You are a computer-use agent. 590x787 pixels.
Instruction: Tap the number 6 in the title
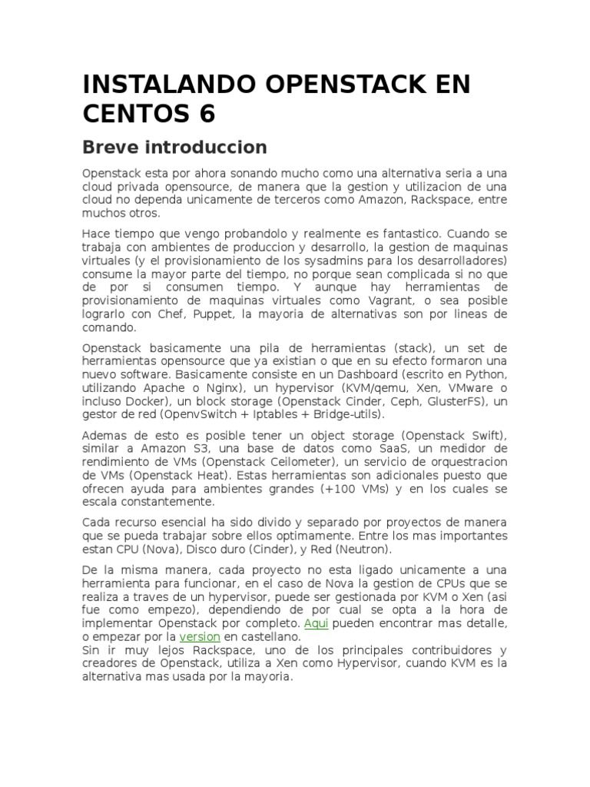(x=207, y=114)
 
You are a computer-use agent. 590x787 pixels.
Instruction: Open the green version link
(x=200, y=637)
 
